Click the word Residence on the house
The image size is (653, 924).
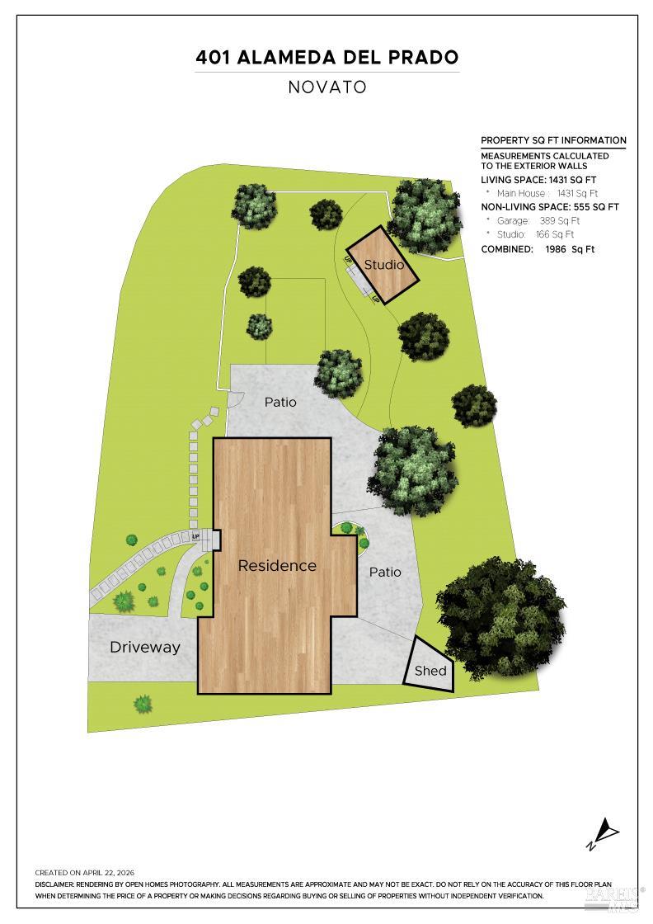tap(277, 566)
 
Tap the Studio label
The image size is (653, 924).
tap(384, 265)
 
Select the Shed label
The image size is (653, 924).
tap(430, 671)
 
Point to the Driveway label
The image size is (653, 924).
tap(145, 647)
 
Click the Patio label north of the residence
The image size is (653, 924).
tap(280, 402)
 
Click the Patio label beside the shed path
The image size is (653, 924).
tap(385, 572)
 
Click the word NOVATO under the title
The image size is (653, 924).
tap(327, 87)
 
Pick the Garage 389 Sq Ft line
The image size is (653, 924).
tap(538, 220)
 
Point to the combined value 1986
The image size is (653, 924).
tap(555, 249)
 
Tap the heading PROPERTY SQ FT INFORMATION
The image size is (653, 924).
tap(553, 140)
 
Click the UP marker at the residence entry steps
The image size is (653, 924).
tap(196, 536)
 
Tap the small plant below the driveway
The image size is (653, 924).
tap(143, 704)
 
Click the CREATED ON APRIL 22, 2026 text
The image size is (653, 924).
tap(85, 873)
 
